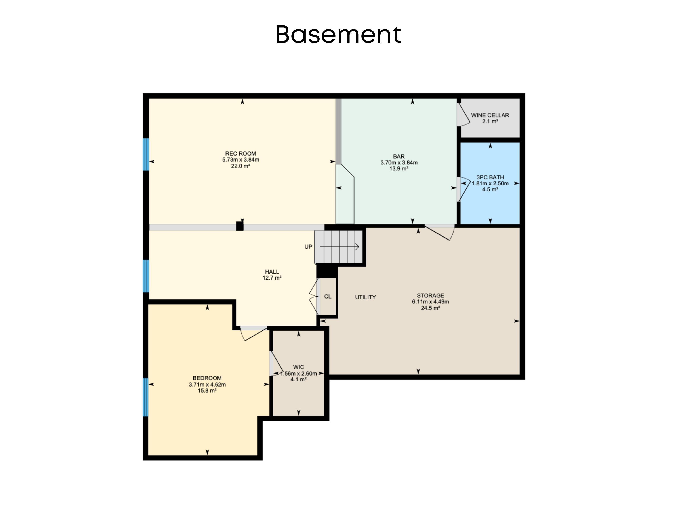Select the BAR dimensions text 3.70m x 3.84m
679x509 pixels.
coord(399,163)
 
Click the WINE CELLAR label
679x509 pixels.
coord(490,115)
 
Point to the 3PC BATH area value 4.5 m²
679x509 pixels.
coord(490,189)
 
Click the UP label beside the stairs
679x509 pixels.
coord(308,247)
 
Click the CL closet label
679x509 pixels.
coord(328,297)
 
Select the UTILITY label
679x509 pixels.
coord(365,297)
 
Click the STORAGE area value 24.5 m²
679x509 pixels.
coord(430,308)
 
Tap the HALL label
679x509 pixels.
coord(272,272)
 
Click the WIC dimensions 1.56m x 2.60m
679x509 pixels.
coord(298,373)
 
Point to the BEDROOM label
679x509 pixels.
coord(207,378)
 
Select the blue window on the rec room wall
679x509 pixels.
coord(146,154)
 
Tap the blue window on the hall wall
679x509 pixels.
coord(146,276)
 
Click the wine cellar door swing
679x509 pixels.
coord(463,115)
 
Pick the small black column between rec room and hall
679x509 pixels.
coord(240,226)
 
